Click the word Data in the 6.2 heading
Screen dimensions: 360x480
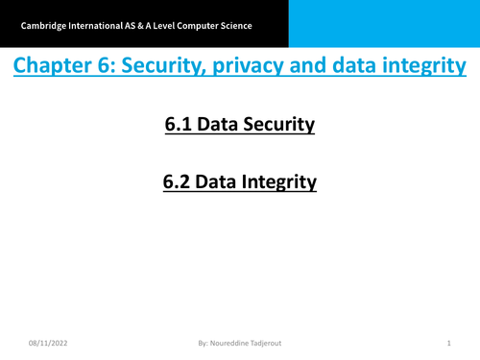(219, 180)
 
